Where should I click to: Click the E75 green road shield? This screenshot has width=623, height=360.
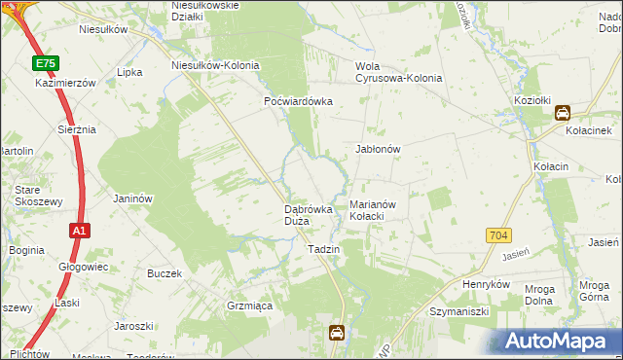44,63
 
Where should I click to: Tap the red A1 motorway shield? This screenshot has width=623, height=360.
80,231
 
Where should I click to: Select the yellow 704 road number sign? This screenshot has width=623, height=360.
498,235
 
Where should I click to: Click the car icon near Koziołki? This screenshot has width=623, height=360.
563,113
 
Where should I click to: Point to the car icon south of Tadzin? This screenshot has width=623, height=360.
336,333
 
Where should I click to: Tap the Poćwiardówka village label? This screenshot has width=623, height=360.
299,101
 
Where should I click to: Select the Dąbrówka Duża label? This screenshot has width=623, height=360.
310,215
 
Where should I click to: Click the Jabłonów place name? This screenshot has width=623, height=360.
379,149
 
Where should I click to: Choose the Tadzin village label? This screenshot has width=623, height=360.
323,250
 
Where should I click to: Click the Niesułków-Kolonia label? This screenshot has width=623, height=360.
215,65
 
